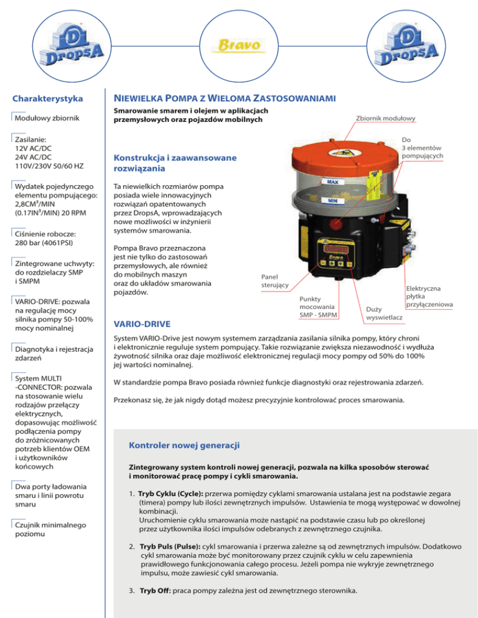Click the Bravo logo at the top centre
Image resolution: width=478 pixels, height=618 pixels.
pyautogui.click(x=238, y=45)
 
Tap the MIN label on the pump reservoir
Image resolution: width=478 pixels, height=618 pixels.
pyautogui.click(x=332, y=202)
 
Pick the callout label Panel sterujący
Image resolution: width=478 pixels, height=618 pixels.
pyautogui.click(x=273, y=280)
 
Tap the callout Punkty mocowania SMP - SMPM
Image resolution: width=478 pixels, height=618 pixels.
pyautogui.click(x=317, y=307)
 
